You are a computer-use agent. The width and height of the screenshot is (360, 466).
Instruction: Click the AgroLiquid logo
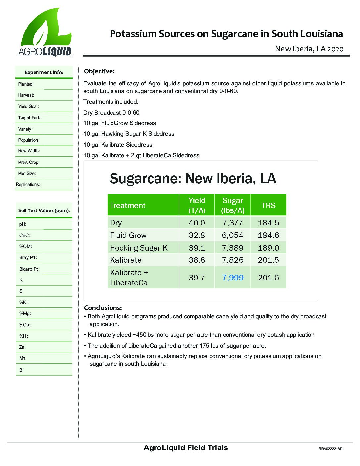45,32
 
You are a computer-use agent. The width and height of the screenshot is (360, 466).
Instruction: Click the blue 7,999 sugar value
233,277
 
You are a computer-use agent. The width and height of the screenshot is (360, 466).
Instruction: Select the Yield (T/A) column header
197,205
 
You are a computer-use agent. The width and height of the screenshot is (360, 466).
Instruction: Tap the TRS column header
268,205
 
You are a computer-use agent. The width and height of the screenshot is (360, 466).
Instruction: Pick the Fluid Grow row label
128,235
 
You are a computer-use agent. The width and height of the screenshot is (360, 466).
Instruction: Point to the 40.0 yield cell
197,223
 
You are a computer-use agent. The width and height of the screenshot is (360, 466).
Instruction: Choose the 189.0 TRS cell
268,248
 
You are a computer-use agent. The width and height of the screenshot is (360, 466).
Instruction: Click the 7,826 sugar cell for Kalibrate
233,260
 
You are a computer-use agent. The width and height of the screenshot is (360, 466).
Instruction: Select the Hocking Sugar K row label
139,248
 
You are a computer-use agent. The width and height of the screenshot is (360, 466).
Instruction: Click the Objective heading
99,71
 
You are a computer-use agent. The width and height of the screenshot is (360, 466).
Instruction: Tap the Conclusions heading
103,308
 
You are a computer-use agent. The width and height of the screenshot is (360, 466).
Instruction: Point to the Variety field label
25,129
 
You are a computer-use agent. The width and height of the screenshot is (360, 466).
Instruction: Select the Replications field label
28,184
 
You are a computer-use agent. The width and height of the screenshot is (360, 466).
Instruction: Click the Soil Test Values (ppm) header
44,210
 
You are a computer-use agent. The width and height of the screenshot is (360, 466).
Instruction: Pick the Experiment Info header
44,72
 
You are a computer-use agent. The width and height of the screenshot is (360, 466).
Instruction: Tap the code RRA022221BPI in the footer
331,449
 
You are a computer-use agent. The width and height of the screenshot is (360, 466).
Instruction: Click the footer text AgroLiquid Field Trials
186,448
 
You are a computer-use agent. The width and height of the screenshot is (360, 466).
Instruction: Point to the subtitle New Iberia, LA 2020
309,49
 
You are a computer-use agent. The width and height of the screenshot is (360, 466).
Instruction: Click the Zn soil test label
22,347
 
